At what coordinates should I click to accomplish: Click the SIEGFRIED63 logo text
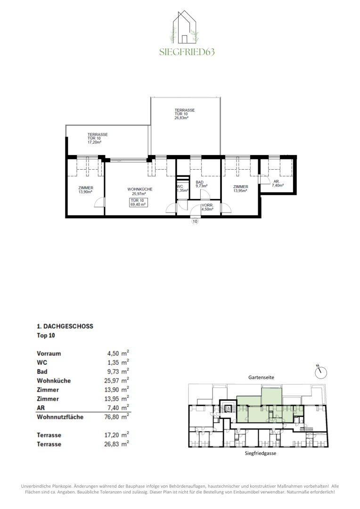pyautogui.click(x=187, y=52)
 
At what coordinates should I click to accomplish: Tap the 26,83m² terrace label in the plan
pyautogui.click(x=185, y=114)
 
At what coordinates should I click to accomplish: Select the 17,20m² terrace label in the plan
pyautogui.click(x=98, y=138)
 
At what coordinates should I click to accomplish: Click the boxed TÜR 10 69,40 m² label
pyautogui.click(x=138, y=203)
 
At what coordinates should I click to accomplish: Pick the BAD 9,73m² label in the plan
pyautogui.click(x=201, y=184)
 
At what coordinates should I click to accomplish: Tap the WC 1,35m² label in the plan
pyautogui.click(x=182, y=189)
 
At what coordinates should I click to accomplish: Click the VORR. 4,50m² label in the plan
pyautogui.click(x=207, y=207)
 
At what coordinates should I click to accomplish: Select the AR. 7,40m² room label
pyautogui.click(x=278, y=183)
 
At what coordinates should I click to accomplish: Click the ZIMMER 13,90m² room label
pyautogui.click(x=86, y=189)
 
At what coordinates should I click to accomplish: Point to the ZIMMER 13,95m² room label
pyautogui.click(x=240, y=189)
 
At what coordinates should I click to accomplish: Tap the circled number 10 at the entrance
pyautogui.click(x=195, y=222)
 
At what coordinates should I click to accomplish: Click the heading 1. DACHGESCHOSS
pyautogui.click(x=65, y=326)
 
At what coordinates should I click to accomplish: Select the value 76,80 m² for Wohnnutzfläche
pyautogui.click(x=116, y=417)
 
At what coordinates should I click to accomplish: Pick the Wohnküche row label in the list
pyautogui.click(x=54, y=380)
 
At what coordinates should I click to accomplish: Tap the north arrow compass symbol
pyautogui.click(x=321, y=372)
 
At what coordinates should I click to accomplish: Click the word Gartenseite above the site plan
pyautogui.click(x=262, y=377)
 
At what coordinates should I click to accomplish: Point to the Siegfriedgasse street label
pyautogui.click(x=261, y=453)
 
